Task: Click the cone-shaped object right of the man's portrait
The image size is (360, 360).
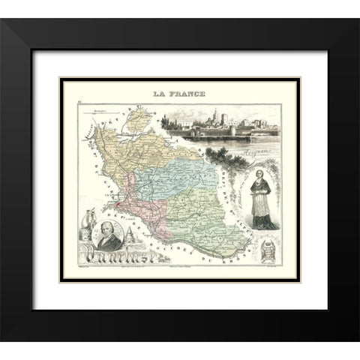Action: pos(129,237)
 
